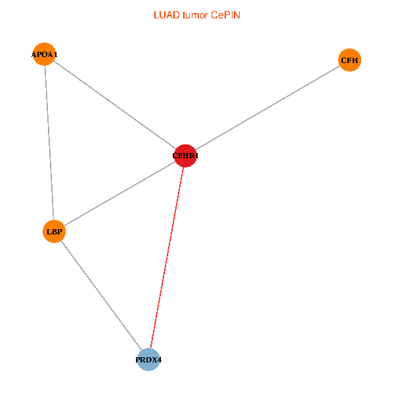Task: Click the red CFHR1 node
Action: point(185,156)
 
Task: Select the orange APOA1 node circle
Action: point(44,54)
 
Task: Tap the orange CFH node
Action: point(349,60)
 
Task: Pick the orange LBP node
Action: point(54,231)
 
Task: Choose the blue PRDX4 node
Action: point(148,360)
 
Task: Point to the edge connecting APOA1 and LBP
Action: point(49,142)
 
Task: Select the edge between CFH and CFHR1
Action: point(267,108)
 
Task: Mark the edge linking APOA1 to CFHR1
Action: point(115,105)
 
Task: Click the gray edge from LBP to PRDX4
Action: point(101,295)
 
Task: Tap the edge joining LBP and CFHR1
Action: point(120,194)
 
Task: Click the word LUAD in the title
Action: point(164,14)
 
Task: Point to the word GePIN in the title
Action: point(225,14)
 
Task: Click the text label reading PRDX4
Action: point(148,360)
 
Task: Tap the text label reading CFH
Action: point(349,60)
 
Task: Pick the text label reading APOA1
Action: point(44,54)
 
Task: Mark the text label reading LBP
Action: point(54,231)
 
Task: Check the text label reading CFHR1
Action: point(185,156)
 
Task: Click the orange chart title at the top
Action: point(196,14)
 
